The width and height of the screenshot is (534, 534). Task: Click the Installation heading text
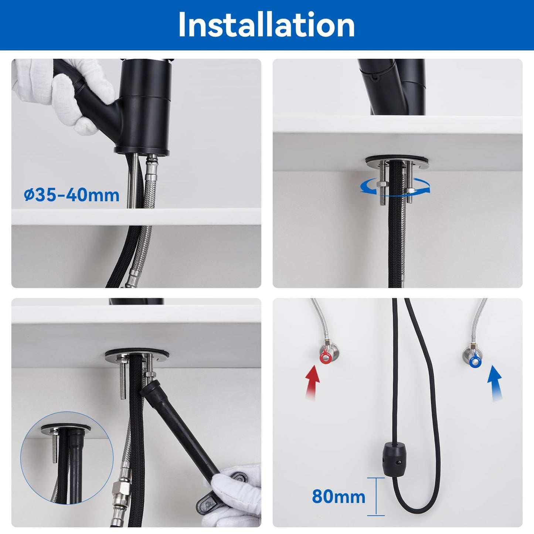[266, 25]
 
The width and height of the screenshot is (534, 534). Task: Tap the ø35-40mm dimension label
[72, 195]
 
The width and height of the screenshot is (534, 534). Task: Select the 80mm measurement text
[339, 496]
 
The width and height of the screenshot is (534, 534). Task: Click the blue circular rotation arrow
[395, 189]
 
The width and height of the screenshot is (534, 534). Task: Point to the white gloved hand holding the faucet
[67, 92]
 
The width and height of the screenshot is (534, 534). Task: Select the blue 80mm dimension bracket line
[376, 496]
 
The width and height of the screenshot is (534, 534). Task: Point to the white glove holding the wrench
[237, 495]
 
